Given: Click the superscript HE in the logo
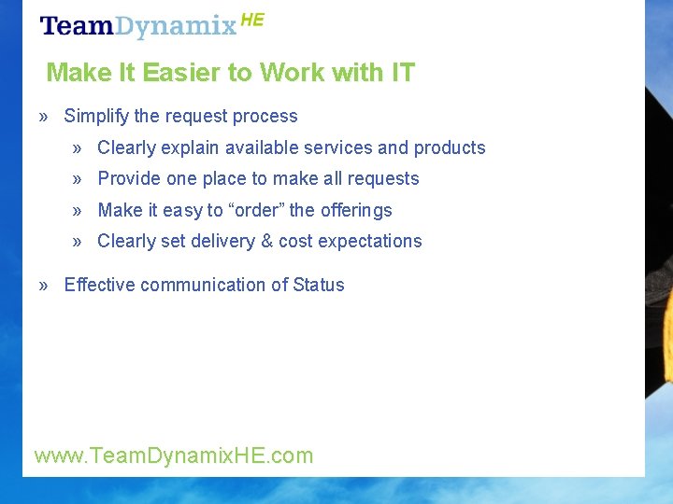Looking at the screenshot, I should pos(252,20).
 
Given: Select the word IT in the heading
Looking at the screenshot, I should pos(402,72).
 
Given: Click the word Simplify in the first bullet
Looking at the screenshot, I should pos(96,117).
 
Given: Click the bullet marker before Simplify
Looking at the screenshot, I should pos(44,117).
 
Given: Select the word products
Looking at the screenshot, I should pos(450,147).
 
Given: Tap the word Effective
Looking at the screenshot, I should pos(98,285).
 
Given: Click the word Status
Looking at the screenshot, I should pos(319,285).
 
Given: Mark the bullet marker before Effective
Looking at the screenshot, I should pos(44,285).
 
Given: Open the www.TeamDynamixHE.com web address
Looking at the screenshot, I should pos(174,455).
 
